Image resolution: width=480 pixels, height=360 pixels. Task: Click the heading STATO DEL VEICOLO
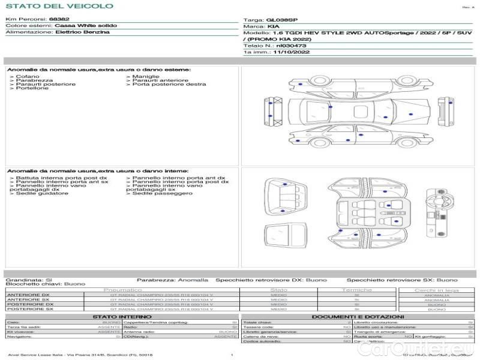(x=59, y=6)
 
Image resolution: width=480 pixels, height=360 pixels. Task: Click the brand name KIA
(x=272, y=27)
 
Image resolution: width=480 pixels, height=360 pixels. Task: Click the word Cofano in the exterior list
(x=28, y=77)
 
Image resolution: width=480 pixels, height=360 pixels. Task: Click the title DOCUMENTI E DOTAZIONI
(x=358, y=316)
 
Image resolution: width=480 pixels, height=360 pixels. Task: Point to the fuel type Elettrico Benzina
(x=82, y=32)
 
